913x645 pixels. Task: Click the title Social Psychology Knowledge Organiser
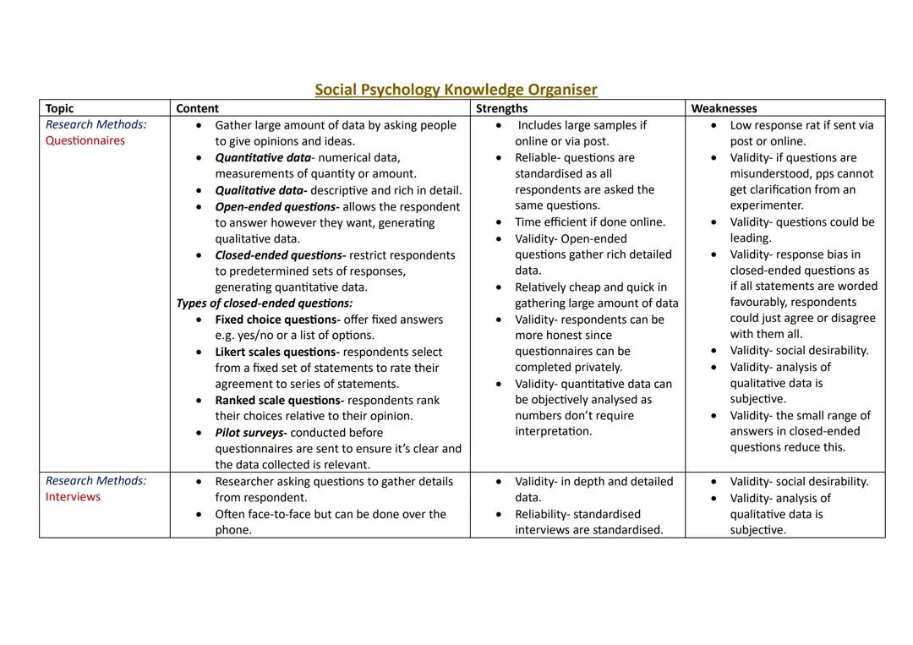coord(456,90)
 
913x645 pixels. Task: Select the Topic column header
coord(59,108)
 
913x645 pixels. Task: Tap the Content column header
coord(197,108)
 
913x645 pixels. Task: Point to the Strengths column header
coord(501,108)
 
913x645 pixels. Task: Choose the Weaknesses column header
coord(724,108)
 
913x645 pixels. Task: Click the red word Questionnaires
coord(85,141)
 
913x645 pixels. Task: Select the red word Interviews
coord(73,497)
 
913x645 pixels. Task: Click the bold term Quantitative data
coord(263,158)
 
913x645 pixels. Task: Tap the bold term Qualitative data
coord(259,191)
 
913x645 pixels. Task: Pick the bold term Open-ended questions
coord(276,207)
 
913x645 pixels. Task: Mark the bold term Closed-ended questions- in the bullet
coord(280,255)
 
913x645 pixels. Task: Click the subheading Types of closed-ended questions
coord(264,303)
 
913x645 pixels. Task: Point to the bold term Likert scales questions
coord(277,352)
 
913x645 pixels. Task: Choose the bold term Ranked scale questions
coord(279,401)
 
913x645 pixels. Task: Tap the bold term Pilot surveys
coord(250,433)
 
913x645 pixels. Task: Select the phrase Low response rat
coord(778,125)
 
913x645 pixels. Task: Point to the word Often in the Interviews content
coord(232,514)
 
